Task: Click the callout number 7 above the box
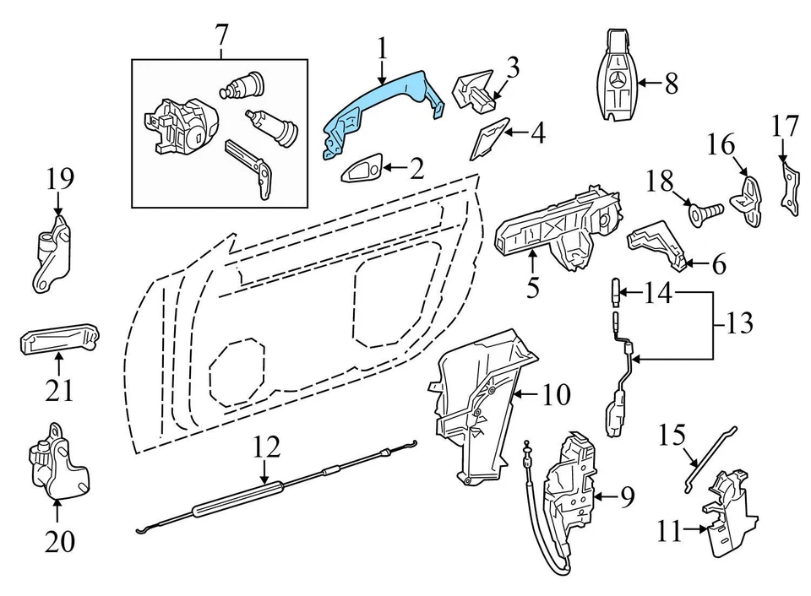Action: point(221,36)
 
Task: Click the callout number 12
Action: point(266,447)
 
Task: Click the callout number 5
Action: point(533,288)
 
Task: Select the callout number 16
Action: point(721,144)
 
